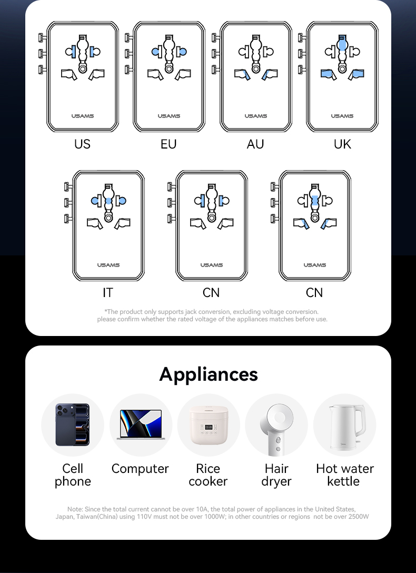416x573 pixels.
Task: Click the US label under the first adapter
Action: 82,144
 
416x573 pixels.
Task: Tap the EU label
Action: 169,144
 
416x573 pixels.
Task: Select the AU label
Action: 255,144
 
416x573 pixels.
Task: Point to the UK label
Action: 342,144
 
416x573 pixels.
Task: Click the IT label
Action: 108,293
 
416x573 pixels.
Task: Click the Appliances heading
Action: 209,374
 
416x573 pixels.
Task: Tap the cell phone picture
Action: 72,424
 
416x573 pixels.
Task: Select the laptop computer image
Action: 141,424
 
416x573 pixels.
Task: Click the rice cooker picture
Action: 209,425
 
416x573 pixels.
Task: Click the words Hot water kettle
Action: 344,475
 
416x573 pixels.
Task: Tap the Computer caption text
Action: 140,469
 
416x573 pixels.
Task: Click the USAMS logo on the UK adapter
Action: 342,116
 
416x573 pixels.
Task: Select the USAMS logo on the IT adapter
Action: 108,265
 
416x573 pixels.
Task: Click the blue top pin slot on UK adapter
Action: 342,44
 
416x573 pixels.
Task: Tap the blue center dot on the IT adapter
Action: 108,201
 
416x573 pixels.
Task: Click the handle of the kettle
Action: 359,421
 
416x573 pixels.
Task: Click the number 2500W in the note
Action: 358,516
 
